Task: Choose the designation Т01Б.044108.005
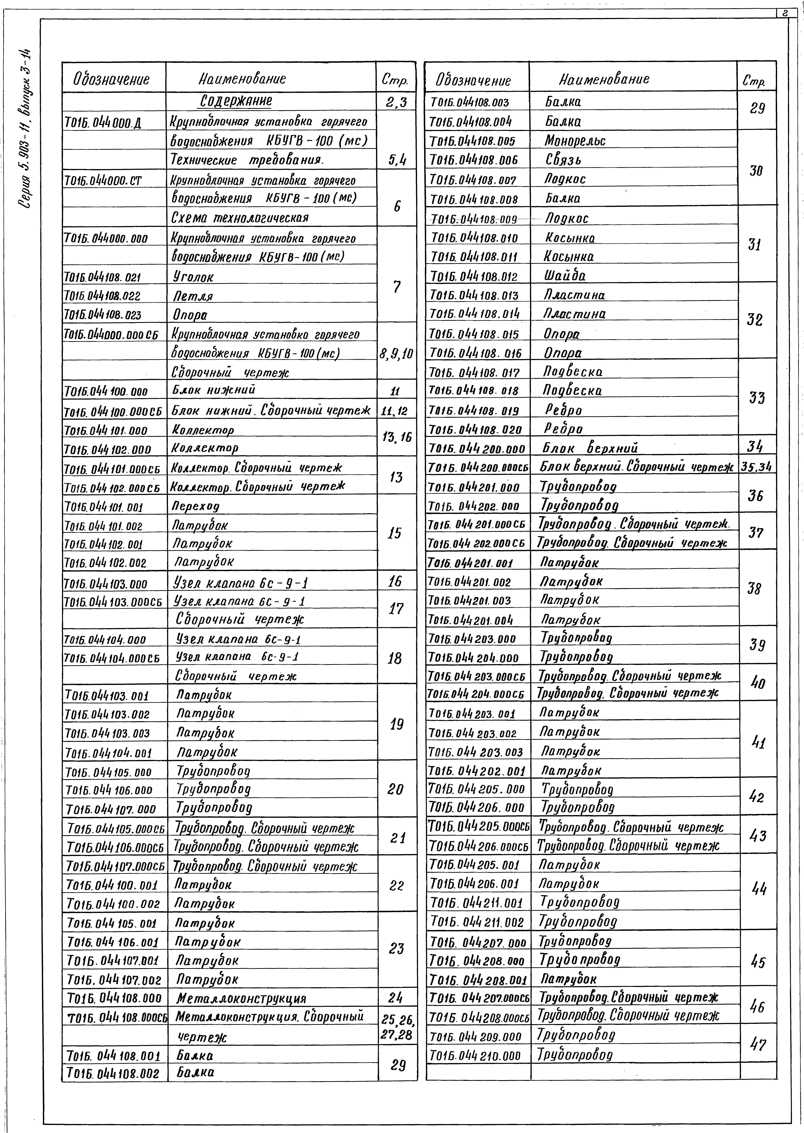473,141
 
